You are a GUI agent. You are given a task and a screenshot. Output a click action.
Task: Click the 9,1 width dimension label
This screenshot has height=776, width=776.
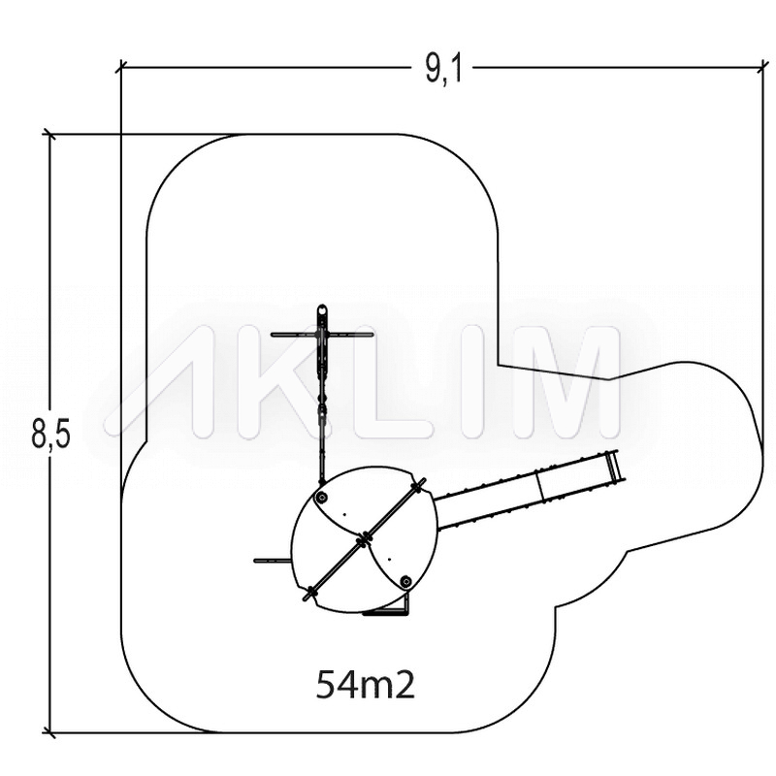[x=443, y=68]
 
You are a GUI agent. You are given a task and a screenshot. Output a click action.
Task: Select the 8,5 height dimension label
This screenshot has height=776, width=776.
[x=50, y=433]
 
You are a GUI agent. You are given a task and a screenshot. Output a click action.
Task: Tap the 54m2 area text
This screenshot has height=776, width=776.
[x=366, y=685]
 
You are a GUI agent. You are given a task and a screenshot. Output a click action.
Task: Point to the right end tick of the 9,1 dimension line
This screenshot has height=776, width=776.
[x=762, y=67]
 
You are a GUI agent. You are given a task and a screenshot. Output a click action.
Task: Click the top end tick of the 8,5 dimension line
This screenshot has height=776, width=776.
[x=48, y=134]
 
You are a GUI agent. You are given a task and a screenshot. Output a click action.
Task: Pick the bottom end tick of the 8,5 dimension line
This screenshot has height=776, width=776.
[x=48, y=732]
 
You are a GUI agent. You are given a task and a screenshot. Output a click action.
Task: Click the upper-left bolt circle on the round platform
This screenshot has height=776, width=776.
[x=323, y=498]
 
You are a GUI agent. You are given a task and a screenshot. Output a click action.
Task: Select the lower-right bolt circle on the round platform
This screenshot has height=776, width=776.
[x=405, y=581]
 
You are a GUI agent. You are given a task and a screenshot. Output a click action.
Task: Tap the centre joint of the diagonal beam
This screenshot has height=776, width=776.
[x=365, y=538]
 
